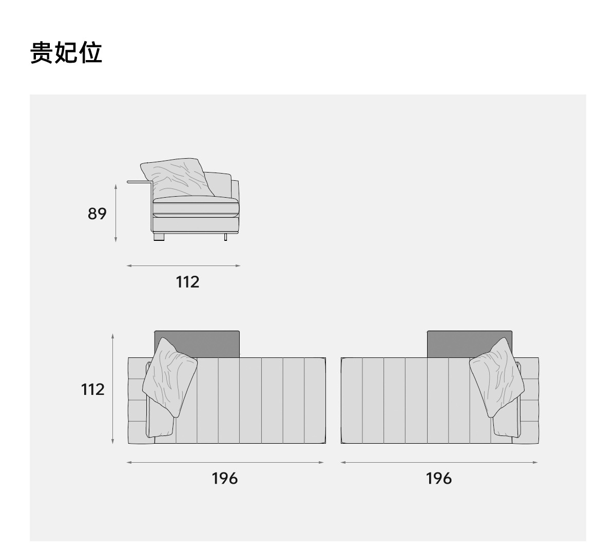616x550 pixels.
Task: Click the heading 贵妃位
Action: point(66,53)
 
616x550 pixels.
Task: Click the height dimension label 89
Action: point(97,214)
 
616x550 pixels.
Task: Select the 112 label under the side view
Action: point(187,282)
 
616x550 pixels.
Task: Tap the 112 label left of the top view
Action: point(93,389)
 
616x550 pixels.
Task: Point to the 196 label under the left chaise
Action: point(224,479)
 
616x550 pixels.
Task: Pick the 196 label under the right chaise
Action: point(439,479)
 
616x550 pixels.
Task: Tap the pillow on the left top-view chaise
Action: point(170,376)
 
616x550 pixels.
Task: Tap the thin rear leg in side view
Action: point(225,236)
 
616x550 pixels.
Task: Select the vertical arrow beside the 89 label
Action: point(116,214)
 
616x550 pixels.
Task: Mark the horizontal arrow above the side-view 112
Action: point(183,265)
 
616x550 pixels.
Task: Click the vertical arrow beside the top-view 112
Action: point(113,389)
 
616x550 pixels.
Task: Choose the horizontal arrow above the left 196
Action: point(225,462)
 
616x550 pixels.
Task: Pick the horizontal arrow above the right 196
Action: point(439,462)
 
